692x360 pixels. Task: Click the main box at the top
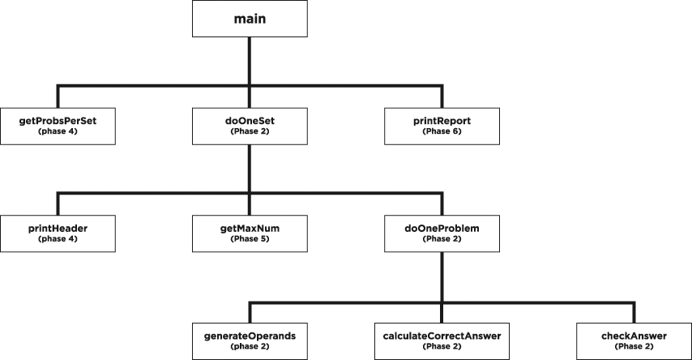pos(250,18)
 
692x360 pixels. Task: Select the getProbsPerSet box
pos(58,125)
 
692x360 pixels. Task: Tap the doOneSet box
pos(250,125)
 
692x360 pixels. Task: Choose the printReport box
pos(442,125)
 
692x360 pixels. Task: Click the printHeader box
pos(58,233)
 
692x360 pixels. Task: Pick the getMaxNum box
pos(250,233)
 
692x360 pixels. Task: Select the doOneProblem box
pos(442,233)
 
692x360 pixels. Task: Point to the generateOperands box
pos(250,340)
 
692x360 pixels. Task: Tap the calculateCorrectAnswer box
pos(442,340)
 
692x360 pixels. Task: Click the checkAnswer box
pos(633,340)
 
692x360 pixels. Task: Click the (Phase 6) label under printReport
pos(442,131)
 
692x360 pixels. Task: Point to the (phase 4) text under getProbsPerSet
pos(58,131)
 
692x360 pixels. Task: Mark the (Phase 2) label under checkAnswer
pos(633,346)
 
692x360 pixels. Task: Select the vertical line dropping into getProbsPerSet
pos(58,96)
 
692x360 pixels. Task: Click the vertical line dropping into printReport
pos(442,96)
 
